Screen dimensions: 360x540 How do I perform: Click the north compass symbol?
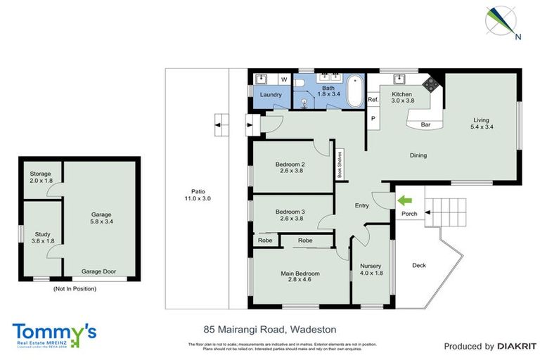pyautogui.click(x=501, y=22)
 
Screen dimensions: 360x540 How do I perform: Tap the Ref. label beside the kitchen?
pyautogui.click(x=373, y=101)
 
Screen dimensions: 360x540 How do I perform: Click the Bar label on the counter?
pyautogui.click(x=425, y=125)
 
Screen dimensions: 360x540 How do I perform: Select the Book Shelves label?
pyautogui.click(x=339, y=166)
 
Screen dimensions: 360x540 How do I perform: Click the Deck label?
pyautogui.click(x=419, y=265)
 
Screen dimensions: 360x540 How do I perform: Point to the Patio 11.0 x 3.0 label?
pyautogui.click(x=197, y=195)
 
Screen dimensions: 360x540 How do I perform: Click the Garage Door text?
pyautogui.click(x=98, y=271)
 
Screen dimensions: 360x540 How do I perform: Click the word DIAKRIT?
pyautogui.click(x=516, y=346)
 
